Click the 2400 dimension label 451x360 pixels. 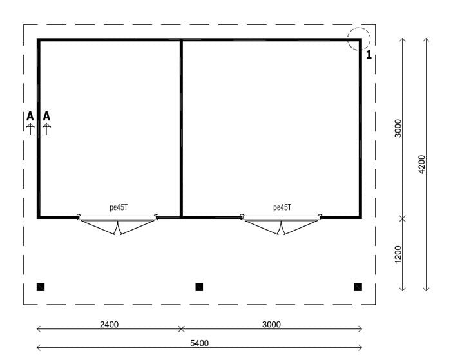click(x=108, y=324)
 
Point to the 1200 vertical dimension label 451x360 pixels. click(x=398, y=254)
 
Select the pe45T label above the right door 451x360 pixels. click(x=282, y=208)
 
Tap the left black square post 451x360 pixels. click(x=41, y=287)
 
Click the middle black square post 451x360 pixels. click(x=199, y=287)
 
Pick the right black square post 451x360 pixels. click(x=358, y=287)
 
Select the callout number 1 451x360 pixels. click(x=369, y=55)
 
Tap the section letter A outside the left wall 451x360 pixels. click(x=30, y=117)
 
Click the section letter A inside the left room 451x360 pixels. click(x=46, y=117)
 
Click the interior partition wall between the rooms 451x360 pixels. click(x=181, y=129)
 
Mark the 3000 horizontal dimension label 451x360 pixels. click(x=271, y=324)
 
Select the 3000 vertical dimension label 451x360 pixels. click(x=398, y=129)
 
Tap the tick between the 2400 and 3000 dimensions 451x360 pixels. click(x=181, y=329)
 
